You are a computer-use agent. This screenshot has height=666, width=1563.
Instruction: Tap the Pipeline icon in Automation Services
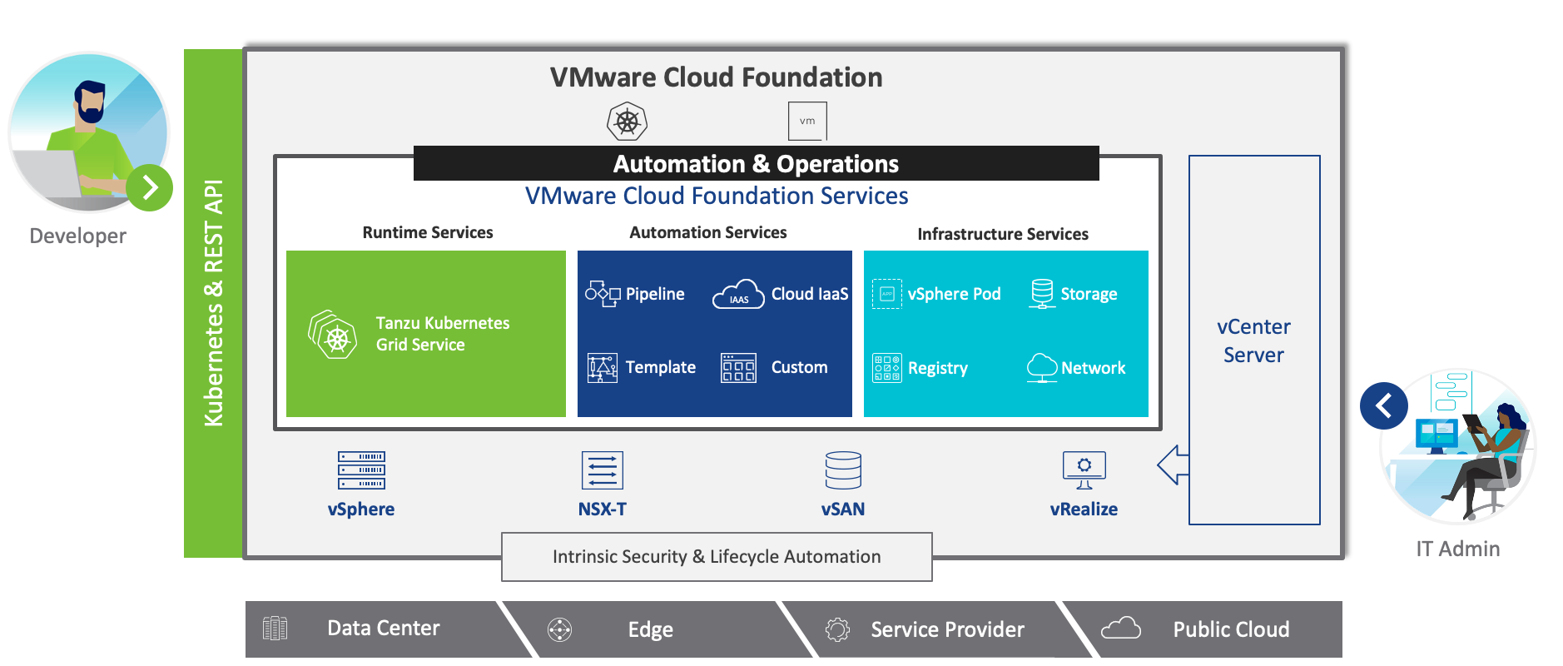coord(603,294)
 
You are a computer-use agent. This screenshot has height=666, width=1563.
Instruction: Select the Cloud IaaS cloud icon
coord(738,294)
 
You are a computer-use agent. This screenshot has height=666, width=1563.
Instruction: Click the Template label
coord(661,367)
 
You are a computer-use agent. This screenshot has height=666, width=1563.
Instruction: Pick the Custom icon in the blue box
coord(738,368)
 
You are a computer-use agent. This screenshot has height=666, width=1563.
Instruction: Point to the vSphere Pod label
coord(954,294)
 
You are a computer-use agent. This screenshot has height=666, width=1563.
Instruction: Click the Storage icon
coord(1042,294)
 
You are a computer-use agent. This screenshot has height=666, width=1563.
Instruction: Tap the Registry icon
coord(886,368)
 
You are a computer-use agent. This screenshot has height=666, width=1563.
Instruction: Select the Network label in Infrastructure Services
coord(1093,368)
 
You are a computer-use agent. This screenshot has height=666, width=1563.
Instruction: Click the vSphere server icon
coord(361,470)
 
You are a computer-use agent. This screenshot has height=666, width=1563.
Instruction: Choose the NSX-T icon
coord(603,470)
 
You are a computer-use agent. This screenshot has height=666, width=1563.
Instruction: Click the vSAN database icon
coord(843,470)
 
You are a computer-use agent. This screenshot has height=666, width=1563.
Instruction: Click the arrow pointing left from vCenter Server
coord(1173,465)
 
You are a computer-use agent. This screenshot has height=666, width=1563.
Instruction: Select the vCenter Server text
coord(1253,340)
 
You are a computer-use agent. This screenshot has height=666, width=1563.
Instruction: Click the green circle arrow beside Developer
coord(150,187)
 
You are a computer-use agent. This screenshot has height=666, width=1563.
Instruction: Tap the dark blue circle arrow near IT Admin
coord(1384,405)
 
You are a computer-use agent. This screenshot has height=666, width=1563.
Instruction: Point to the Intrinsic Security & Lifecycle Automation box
coord(717,557)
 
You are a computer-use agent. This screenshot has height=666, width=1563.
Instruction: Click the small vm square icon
coord(807,122)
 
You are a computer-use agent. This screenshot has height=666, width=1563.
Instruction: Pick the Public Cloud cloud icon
coord(1121,628)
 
